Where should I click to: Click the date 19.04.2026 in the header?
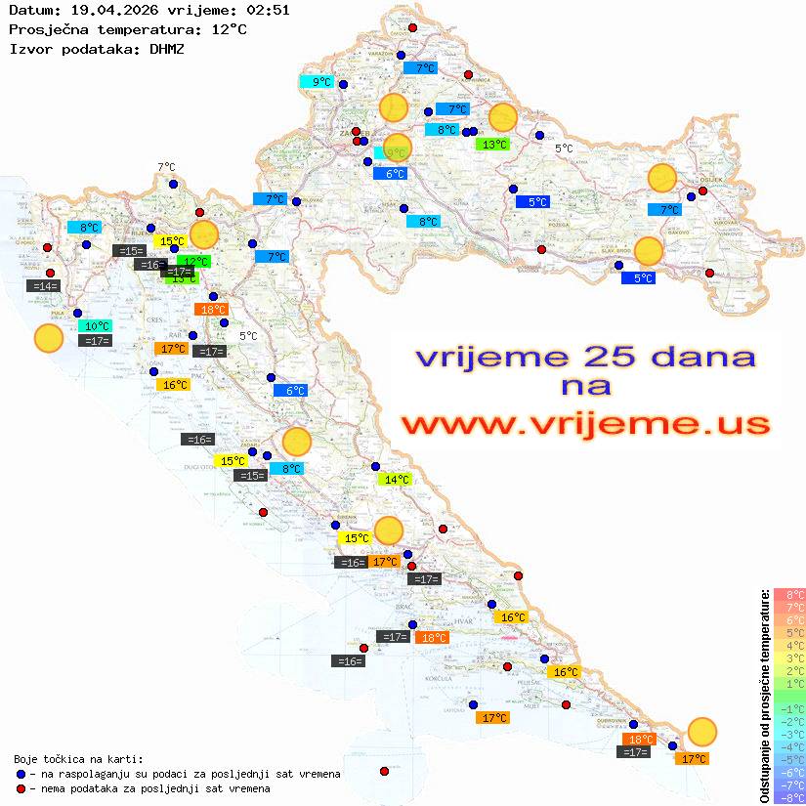101,11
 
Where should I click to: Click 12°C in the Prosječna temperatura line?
229,29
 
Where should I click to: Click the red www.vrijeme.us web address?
584,424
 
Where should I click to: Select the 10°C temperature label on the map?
97,326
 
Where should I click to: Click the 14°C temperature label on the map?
396,480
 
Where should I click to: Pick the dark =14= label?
44,286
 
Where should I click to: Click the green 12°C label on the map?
194,261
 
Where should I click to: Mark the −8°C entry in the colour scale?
789,798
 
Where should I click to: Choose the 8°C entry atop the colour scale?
789,594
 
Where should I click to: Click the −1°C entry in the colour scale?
789,708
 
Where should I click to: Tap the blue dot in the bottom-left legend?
21,774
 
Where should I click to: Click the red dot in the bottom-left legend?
21,788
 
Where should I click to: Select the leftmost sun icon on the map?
48,339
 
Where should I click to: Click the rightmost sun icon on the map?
701,731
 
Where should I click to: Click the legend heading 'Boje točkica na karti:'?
78,759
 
